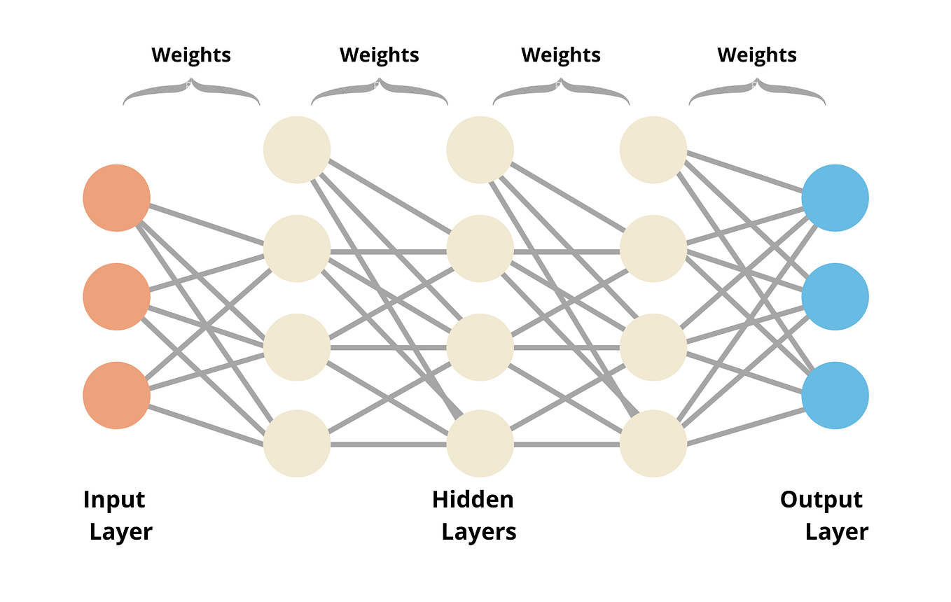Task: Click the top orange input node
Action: (116, 198)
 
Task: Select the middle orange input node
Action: (116, 297)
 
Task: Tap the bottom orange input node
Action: (116, 395)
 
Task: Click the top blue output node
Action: (835, 198)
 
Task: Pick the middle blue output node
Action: (835, 297)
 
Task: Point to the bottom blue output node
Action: (835, 395)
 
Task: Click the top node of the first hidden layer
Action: (297, 149)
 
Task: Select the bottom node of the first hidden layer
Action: (297, 444)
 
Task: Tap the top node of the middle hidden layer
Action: (480, 149)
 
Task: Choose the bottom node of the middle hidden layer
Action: (480, 444)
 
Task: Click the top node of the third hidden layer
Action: (653, 149)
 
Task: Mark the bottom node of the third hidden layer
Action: (653, 444)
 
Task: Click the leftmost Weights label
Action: (191, 55)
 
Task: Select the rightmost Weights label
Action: (757, 55)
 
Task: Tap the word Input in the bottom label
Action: (114, 500)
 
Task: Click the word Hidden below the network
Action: (473, 500)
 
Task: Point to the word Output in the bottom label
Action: (821, 500)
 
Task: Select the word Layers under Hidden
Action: (479, 532)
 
